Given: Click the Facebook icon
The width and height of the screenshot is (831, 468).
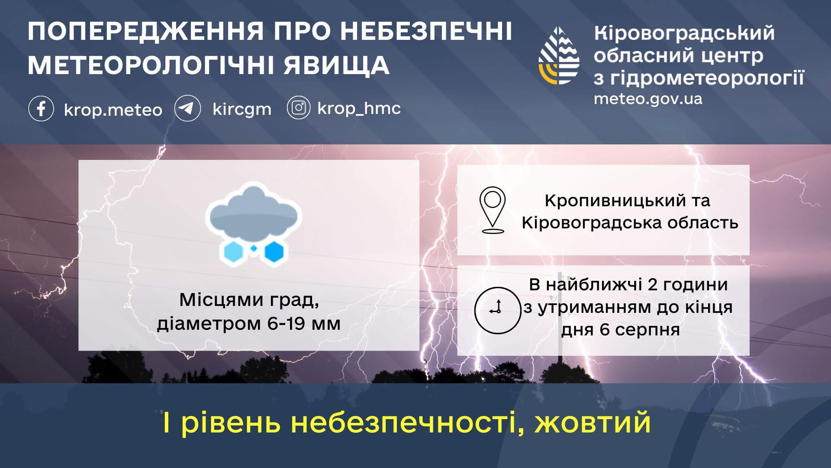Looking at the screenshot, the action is (x=41, y=108).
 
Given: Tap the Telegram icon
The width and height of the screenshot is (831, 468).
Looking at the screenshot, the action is (x=187, y=108).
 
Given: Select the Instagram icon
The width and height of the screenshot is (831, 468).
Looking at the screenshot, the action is (x=298, y=107).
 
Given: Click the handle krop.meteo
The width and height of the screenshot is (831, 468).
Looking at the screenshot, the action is (x=113, y=110).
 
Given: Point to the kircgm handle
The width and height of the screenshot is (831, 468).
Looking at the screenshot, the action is (x=242, y=109).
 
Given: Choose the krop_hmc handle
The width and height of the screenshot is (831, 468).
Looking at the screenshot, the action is (x=359, y=108).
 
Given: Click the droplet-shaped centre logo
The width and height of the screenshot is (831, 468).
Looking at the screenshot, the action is (x=559, y=55).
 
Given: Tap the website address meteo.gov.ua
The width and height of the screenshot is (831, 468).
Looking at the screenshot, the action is (x=648, y=98).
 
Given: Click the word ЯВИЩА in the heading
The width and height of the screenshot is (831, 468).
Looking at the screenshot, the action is (x=336, y=65).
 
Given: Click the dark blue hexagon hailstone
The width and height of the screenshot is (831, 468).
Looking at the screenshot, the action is (x=274, y=252).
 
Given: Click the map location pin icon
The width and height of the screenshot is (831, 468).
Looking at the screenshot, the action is (x=493, y=210).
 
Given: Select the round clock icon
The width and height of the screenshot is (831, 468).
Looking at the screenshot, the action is (x=497, y=310).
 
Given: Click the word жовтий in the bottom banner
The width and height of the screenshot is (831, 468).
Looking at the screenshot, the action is (x=593, y=422).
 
